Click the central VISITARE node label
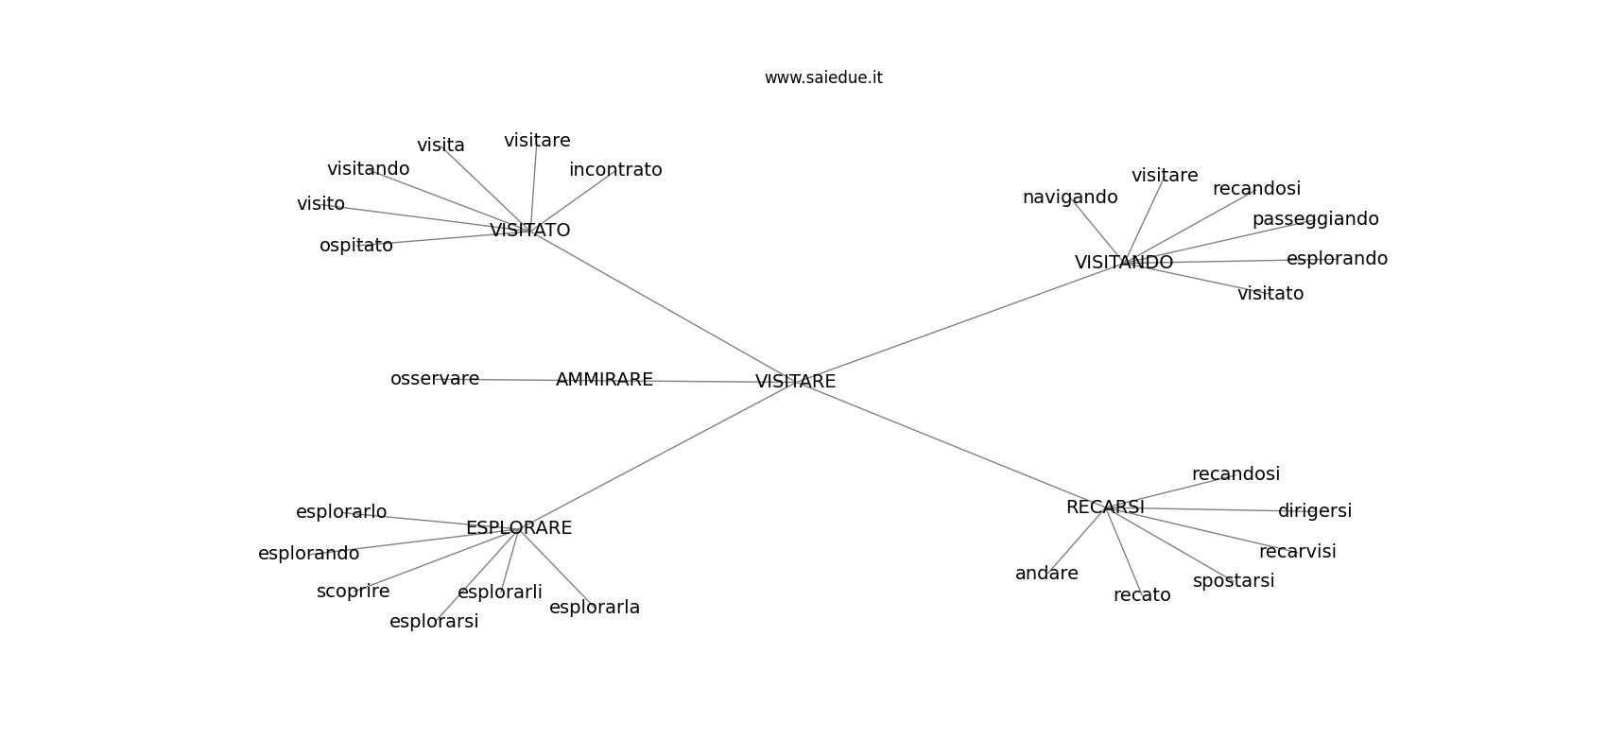[x=795, y=382]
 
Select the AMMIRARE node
[x=604, y=380]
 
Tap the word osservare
[x=435, y=379]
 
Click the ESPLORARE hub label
[x=519, y=528]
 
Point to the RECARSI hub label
[x=1105, y=507]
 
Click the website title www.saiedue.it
[x=823, y=77]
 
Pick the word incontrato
[x=615, y=170]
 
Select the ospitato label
[x=356, y=246]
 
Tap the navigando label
[x=1070, y=198]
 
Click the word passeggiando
[x=1315, y=219]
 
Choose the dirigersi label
[x=1314, y=511]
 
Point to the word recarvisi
[x=1297, y=552]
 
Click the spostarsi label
[x=1234, y=581]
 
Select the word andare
[x=1046, y=574]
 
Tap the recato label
[x=1142, y=595]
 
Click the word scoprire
[x=353, y=592]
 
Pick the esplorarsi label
[x=434, y=622]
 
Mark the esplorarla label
[x=595, y=608]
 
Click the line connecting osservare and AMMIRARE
[x=518, y=380]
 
